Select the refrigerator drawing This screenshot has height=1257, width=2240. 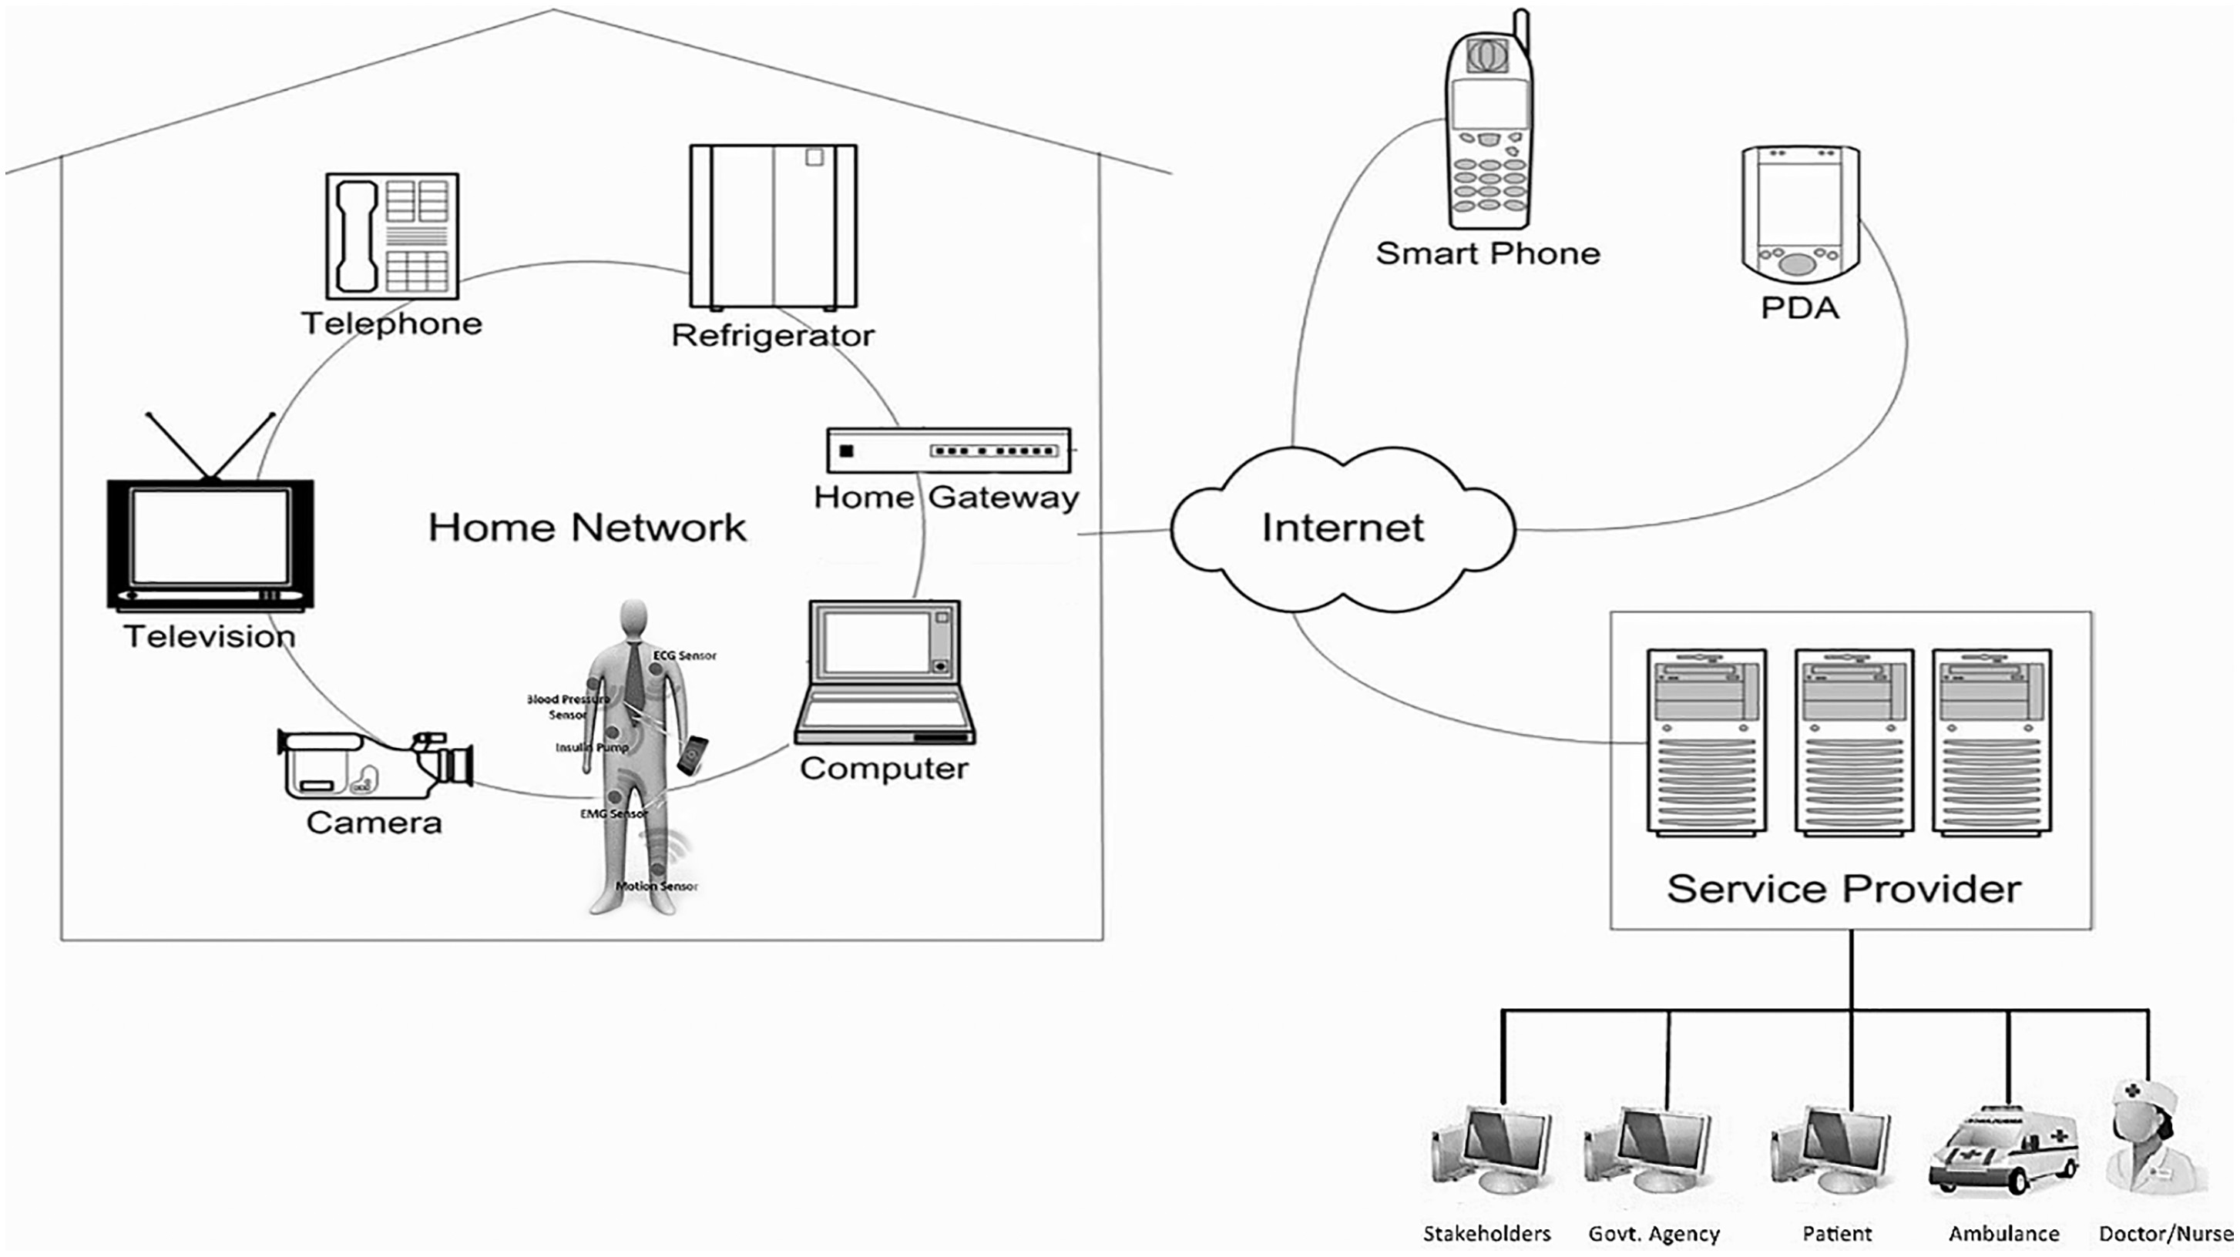pos(773,226)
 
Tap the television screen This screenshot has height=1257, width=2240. pos(210,537)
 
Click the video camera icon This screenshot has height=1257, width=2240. pos(374,763)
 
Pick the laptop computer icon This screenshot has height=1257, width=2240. pos(885,672)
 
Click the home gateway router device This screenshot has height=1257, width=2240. pos(949,451)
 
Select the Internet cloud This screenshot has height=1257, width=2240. pos(1342,528)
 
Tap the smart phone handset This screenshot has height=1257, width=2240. pos(1488,130)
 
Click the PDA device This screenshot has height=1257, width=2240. pos(1800,214)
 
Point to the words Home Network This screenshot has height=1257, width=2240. pos(587,528)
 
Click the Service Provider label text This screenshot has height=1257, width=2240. pos(1843,888)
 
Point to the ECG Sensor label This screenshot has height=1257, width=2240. pos(684,655)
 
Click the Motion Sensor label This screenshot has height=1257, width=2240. pos(657,886)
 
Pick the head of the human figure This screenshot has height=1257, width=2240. pos(634,620)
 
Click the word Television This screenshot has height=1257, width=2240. pos(210,636)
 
